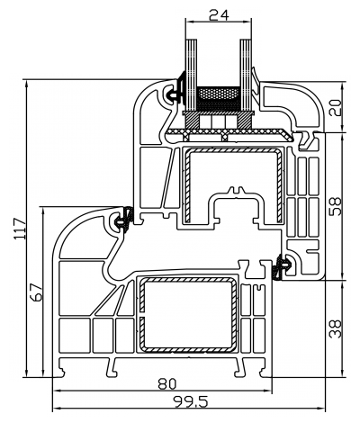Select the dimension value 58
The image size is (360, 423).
click(x=335, y=206)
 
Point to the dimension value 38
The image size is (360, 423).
click(x=335, y=326)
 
